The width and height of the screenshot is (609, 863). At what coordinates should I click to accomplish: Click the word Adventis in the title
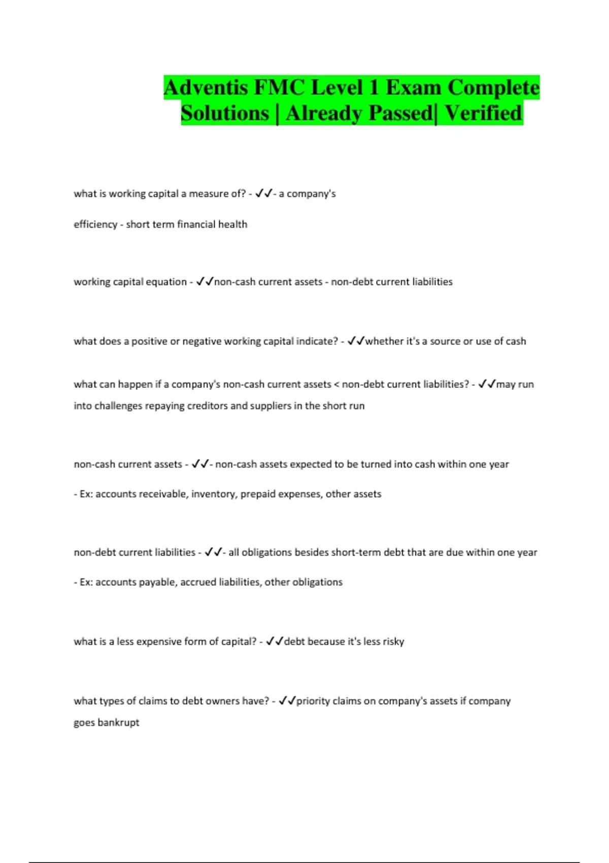206,88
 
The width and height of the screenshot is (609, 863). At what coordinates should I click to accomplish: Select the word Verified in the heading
483,113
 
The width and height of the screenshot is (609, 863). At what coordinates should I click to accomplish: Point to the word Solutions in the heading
225,113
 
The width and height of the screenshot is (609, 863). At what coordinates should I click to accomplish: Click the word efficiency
95,224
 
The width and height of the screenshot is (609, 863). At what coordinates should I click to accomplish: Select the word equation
166,282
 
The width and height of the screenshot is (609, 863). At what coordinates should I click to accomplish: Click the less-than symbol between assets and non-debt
336,384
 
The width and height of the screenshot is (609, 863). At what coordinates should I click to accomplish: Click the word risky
393,642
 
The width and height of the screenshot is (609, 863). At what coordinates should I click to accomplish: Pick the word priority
314,701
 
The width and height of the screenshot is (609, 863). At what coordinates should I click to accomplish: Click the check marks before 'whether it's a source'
356,341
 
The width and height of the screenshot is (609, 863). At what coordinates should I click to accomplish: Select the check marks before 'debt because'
275,641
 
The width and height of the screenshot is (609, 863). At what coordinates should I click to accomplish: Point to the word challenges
115,406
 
